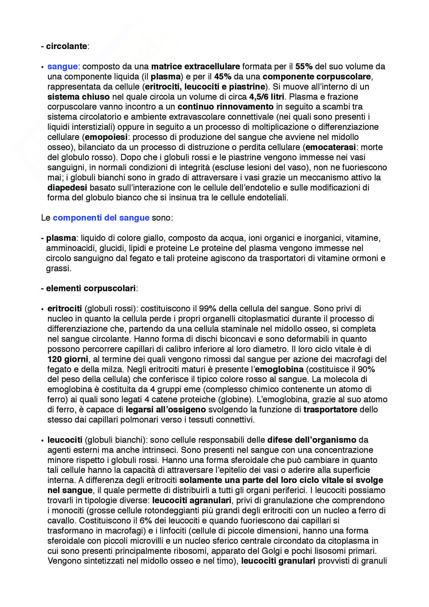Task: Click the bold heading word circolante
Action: click(x=67, y=46)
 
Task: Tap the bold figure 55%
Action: click(x=304, y=66)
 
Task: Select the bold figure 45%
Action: click(x=223, y=76)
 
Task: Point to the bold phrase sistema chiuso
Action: click(x=78, y=97)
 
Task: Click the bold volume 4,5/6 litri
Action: click(x=267, y=97)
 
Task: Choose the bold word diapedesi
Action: click(x=67, y=187)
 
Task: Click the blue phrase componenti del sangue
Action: click(x=101, y=217)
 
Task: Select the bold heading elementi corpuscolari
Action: click(x=91, y=288)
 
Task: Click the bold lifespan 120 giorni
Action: click(x=68, y=359)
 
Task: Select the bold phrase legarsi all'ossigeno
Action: click(x=166, y=410)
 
